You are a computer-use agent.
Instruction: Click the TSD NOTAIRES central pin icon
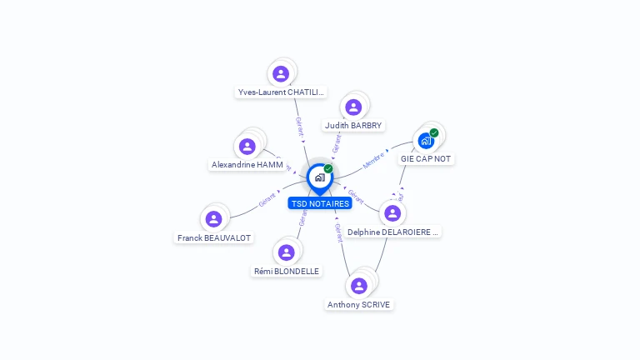point(319,177)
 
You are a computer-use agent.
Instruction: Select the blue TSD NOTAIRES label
point(320,203)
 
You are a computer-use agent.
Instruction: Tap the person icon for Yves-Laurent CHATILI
point(281,74)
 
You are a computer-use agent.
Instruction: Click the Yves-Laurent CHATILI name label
point(281,92)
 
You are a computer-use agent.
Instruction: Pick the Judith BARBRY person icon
point(353,107)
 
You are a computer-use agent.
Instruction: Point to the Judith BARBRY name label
point(353,126)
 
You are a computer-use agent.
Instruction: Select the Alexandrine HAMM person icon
point(247,147)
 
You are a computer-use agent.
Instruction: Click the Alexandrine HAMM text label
point(247,165)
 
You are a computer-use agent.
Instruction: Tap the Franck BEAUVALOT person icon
point(213,219)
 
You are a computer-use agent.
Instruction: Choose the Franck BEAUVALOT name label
point(214,237)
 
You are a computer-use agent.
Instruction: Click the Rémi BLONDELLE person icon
point(287,252)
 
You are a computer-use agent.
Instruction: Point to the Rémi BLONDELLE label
point(287,271)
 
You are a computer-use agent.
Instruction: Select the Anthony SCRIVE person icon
point(359,286)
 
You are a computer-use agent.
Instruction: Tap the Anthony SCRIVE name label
point(359,305)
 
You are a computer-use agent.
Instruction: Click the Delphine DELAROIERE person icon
point(392,213)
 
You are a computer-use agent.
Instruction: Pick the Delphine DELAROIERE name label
point(392,232)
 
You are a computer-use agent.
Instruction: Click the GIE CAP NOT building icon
point(426,140)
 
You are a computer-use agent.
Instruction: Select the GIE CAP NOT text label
point(427,158)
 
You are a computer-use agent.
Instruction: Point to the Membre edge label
point(374,160)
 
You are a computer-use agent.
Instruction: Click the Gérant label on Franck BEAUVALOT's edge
point(267,199)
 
